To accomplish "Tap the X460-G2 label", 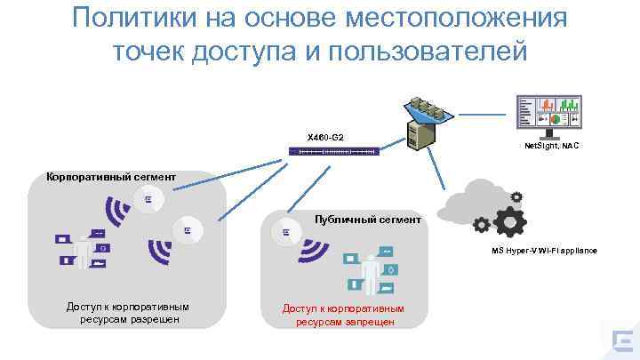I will (x=325, y=138).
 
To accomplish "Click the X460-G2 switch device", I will (x=334, y=153).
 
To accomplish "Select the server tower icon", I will (x=421, y=133).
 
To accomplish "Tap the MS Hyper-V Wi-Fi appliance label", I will (x=544, y=251).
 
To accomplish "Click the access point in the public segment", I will (x=285, y=233).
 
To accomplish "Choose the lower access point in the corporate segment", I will (x=188, y=230).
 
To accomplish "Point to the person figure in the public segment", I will (x=366, y=271).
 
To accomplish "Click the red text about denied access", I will (x=344, y=315).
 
